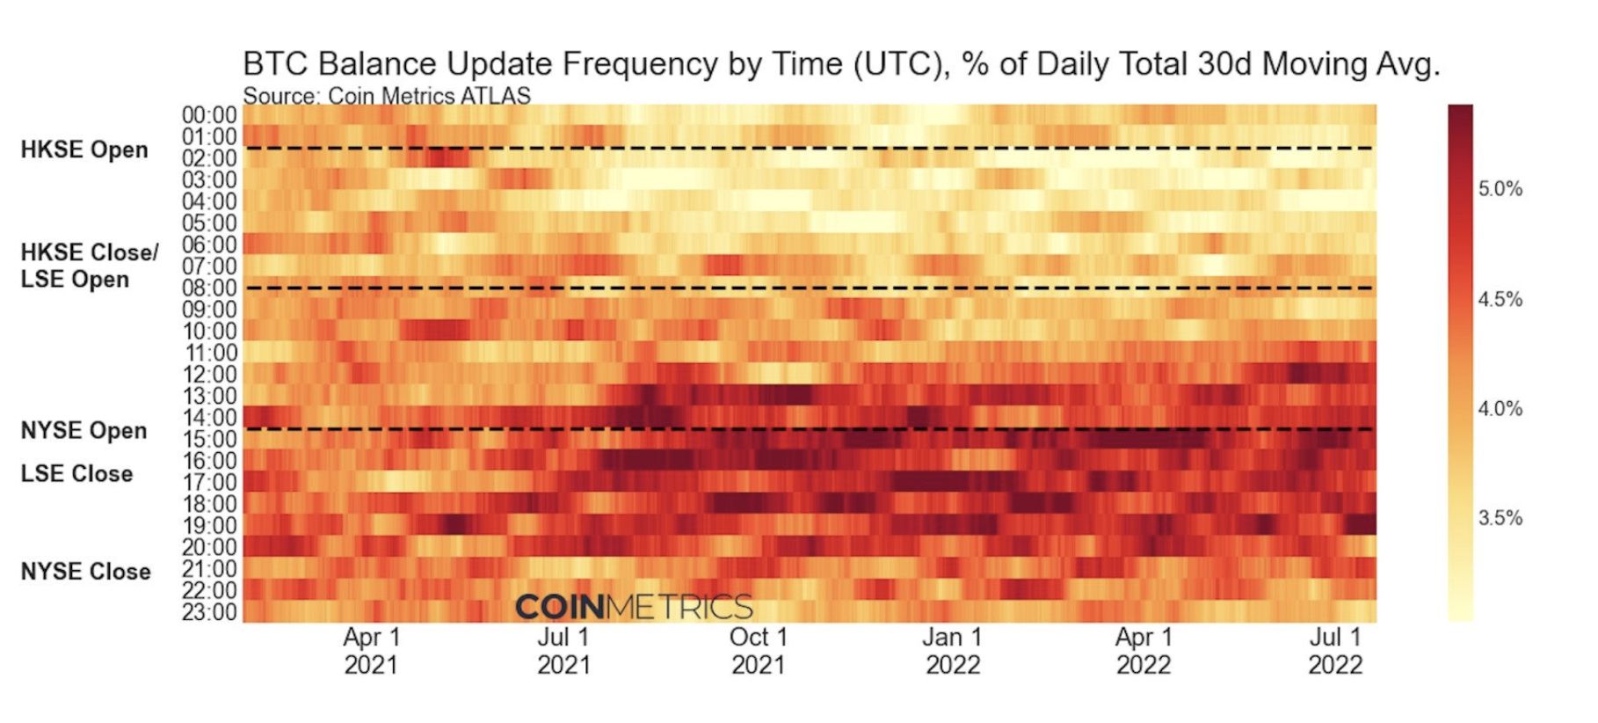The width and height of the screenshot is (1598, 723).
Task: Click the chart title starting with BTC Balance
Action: click(841, 64)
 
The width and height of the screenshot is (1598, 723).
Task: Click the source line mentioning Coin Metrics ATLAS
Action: click(387, 96)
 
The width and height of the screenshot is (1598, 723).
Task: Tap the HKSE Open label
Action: click(84, 150)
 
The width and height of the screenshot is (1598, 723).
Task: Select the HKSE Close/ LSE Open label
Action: click(89, 266)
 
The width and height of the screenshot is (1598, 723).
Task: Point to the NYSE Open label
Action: click(84, 430)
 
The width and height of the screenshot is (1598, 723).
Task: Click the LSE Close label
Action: click(77, 473)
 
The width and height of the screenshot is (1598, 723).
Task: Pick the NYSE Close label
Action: click(86, 571)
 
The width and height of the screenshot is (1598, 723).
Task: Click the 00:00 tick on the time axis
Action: click(209, 115)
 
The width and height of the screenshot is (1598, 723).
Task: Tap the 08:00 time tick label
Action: click(209, 288)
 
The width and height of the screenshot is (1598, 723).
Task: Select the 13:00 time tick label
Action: click(209, 396)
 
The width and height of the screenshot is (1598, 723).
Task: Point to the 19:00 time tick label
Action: click(209, 525)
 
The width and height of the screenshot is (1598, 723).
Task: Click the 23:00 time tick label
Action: click(209, 611)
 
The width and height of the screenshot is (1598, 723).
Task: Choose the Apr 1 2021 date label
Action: click(371, 650)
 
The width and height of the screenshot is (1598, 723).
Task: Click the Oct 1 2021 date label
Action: click(758, 650)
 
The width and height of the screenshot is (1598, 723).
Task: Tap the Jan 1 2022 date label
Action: click(952, 650)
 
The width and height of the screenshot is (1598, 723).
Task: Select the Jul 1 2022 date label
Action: click(1335, 650)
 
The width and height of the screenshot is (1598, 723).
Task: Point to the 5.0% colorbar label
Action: click(1500, 189)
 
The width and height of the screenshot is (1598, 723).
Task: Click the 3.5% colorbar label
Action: click(1500, 518)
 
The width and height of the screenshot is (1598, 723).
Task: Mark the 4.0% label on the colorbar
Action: click(1500, 409)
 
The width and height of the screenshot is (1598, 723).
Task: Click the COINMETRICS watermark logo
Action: click(634, 607)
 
